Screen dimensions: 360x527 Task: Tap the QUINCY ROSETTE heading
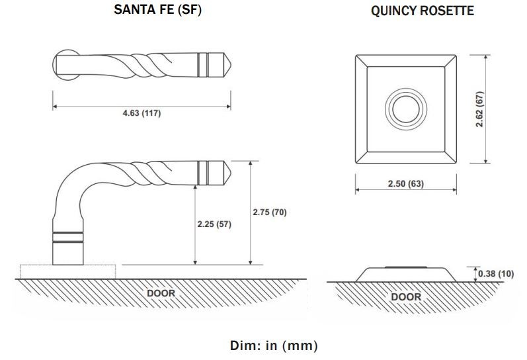423,11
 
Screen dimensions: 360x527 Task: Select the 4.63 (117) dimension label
142,113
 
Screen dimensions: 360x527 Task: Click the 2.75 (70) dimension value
269,212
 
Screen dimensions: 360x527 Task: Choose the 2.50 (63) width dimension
405,183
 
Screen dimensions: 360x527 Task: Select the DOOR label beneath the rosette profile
405,296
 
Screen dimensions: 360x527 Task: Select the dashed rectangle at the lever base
67,271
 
